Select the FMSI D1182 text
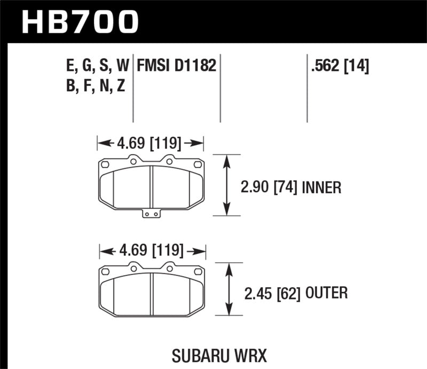click(x=176, y=66)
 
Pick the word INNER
click(x=321, y=187)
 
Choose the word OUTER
click(x=328, y=293)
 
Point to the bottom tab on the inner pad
click(x=152, y=214)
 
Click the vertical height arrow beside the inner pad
click(x=228, y=185)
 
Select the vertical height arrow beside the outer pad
click(x=230, y=291)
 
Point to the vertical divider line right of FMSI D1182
click(x=220, y=88)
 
